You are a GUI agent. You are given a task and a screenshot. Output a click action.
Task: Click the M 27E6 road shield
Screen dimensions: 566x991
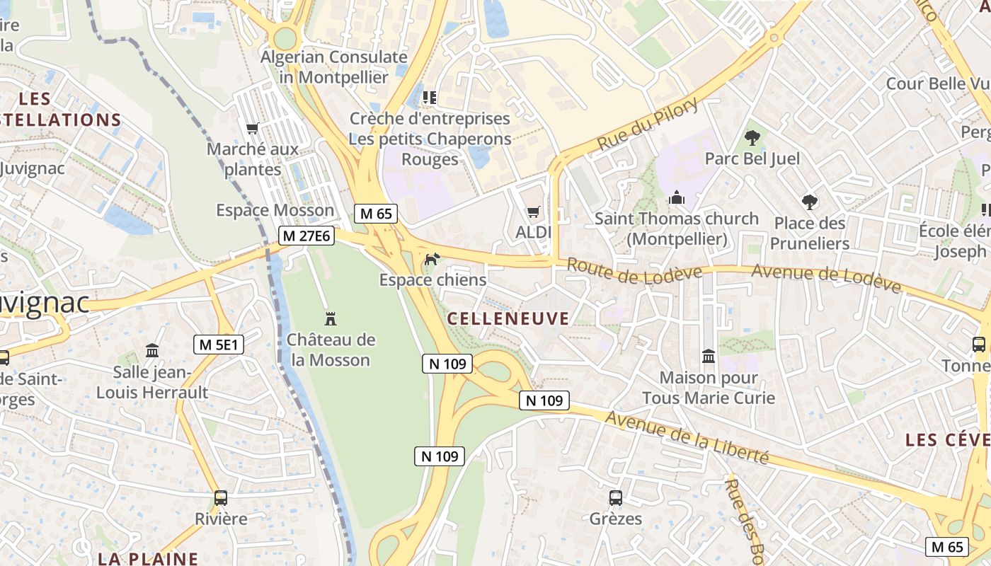[x=306, y=236]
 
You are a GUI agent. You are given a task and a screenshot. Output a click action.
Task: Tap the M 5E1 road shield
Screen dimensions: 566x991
[x=219, y=345]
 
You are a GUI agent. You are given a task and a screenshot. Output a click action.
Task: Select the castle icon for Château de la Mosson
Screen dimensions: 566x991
[x=330, y=318]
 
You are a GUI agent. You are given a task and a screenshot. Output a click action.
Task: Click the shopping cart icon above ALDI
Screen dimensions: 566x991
[x=534, y=212]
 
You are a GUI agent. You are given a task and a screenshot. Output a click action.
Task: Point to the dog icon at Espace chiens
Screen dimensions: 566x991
[x=430, y=260]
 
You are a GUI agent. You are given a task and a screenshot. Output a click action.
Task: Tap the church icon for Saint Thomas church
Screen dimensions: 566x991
[x=677, y=197]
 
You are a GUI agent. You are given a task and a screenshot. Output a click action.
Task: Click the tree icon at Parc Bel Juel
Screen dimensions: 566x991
[x=752, y=137]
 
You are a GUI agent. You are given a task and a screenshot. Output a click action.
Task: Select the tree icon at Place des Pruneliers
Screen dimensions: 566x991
[x=810, y=202]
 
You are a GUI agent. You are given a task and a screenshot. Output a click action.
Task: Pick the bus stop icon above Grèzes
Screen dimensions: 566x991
[x=615, y=497]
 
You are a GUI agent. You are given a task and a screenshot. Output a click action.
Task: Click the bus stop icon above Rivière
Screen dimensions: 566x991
[x=221, y=497]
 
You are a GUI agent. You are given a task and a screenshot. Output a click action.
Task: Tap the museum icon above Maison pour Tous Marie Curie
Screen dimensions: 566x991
[x=708, y=356]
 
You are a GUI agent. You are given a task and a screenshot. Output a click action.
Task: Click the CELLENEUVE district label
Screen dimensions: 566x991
[x=508, y=318]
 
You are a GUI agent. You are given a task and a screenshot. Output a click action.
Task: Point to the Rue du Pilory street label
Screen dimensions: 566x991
[x=647, y=125]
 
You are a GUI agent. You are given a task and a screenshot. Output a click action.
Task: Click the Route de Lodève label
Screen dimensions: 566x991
[x=634, y=271]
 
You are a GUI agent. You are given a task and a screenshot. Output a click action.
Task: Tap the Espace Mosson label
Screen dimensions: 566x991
[x=275, y=210]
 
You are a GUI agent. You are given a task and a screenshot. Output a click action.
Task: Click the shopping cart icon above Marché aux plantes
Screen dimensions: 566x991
[x=252, y=128]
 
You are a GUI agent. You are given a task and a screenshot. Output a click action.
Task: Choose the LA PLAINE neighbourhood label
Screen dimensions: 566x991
[x=148, y=558]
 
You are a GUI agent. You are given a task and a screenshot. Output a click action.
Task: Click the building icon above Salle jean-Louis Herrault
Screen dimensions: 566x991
[x=152, y=350]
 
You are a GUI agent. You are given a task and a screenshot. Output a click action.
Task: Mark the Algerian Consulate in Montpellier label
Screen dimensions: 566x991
[x=334, y=67]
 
